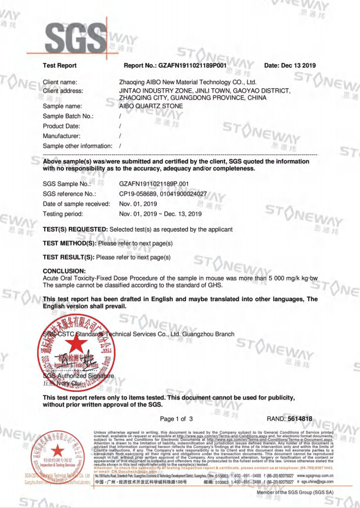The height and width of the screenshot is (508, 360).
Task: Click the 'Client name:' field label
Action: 60,82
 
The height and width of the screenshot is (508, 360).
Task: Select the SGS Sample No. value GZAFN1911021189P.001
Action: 154,184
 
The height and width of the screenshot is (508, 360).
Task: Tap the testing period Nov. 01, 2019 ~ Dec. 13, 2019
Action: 160,213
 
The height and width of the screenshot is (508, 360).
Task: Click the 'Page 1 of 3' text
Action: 176,418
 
